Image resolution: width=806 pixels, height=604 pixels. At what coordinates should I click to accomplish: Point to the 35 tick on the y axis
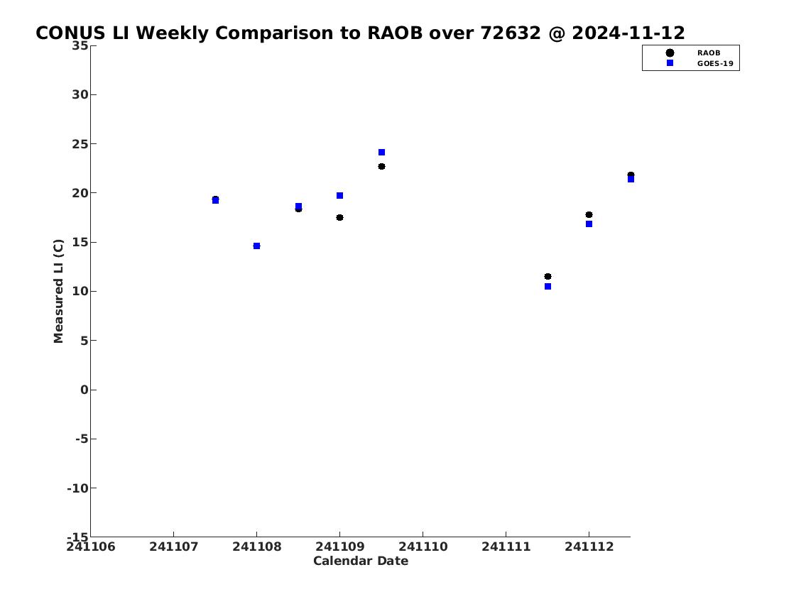80,45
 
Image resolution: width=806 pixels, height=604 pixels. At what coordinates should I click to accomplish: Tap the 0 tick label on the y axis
85,390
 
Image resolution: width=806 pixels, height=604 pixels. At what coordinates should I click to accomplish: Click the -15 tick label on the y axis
77,537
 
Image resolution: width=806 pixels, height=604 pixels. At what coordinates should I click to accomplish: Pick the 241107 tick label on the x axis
174,547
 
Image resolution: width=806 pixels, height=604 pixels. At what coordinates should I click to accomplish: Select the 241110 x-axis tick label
423,547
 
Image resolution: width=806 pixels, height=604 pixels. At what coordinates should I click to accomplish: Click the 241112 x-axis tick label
589,547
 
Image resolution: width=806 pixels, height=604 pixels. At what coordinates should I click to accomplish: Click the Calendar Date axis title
360,561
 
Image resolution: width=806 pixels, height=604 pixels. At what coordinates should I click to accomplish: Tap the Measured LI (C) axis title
58,291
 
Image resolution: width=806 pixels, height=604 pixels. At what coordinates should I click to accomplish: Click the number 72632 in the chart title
511,33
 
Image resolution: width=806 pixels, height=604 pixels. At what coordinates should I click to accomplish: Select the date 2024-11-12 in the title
628,33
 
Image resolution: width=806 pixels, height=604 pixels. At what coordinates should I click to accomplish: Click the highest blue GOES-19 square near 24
381,153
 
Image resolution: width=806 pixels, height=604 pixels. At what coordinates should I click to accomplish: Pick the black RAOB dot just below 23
381,166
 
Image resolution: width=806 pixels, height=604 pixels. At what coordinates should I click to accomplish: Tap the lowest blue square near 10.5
548,287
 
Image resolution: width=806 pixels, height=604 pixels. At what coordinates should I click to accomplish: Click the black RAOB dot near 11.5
548,276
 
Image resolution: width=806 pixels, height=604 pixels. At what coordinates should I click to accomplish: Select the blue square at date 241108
257,246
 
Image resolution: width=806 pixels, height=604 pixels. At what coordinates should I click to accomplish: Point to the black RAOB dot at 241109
339,218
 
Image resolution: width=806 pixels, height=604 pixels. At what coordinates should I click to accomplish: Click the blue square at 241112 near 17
589,224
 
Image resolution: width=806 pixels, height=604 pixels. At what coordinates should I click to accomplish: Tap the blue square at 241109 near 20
339,196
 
